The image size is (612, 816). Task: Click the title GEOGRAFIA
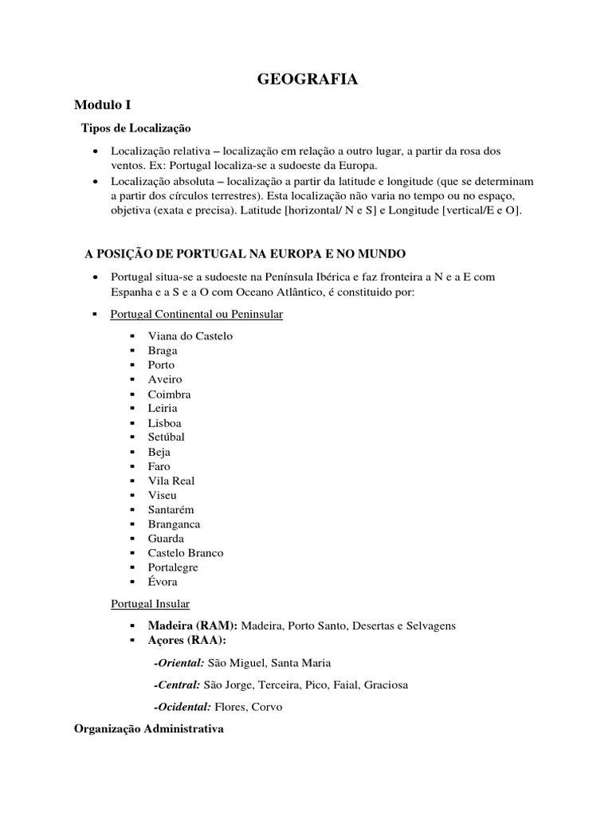pos(307,79)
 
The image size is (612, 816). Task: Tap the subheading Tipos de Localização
pos(136,127)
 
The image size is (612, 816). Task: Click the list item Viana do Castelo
pos(190,336)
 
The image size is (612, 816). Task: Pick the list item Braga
pos(163,351)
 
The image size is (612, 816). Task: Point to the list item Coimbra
pos(169,394)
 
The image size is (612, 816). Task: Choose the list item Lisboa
pos(164,423)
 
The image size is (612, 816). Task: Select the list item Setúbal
pos(166,437)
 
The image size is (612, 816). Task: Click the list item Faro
pos(159,466)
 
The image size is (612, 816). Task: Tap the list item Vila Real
pos(171,481)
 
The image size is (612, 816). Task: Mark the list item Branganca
pos(174,524)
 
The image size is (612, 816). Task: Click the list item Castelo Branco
pos(186,553)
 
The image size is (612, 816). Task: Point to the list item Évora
pos(163,583)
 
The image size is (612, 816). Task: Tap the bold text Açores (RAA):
pos(186,641)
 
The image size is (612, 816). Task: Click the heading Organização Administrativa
pos(149,729)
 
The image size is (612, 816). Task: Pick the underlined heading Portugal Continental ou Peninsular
pos(196,315)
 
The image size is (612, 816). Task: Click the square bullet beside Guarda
pos(131,539)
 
